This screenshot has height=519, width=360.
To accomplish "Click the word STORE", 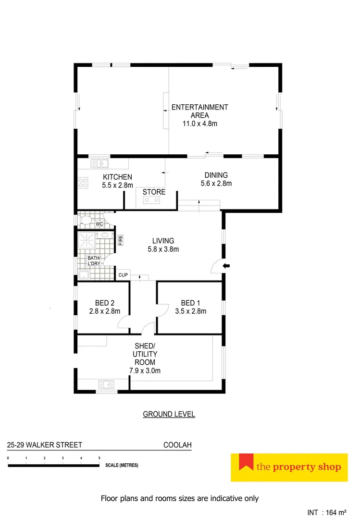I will pyautogui.click(x=154, y=192).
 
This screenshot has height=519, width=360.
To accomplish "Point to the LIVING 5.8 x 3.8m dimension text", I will pyautogui.click(x=163, y=249).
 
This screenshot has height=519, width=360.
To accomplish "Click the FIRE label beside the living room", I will pyautogui.click(x=121, y=240).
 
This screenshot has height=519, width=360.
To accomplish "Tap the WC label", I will pyautogui.click(x=99, y=224).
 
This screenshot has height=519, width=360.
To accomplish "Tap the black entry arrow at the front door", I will pyautogui.click(x=227, y=265).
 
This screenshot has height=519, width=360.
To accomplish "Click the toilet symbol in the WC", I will pyautogui.click(x=86, y=221).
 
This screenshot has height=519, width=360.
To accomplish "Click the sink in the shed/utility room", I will pyautogui.click(x=106, y=384).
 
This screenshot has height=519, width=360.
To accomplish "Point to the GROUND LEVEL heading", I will pyautogui.click(x=169, y=414).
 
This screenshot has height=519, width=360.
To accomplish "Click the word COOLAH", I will pyautogui.click(x=177, y=445).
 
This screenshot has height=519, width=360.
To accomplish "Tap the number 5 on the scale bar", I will pyautogui.click(x=99, y=458).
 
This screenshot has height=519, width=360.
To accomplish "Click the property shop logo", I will pyautogui.click(x=289, y=467).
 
